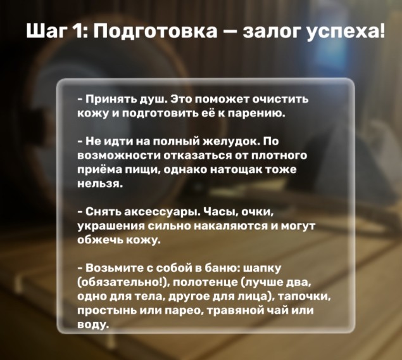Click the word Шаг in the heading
click(x=45, y=32)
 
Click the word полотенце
click(x=206, y=283)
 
